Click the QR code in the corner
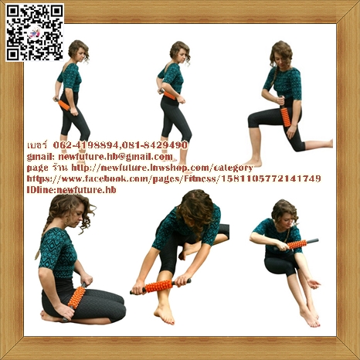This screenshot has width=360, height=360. pos(35,32)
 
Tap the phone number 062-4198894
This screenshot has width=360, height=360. pos(81,144)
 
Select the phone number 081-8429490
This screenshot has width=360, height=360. pos(154,144)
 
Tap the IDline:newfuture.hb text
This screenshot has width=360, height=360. pos(71,189)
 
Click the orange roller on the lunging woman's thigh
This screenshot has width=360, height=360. pos(285,116)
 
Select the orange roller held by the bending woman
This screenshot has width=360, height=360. pos(161,287)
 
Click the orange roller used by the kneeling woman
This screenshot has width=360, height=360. pos(76,297)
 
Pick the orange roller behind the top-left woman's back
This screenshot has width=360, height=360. pos(63,104)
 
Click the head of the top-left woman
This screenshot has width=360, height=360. pos(79,51)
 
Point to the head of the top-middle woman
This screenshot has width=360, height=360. pos(179,52)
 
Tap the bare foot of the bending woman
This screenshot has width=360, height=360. pos(164,313)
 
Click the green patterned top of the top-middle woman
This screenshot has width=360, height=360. pos(172,77)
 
